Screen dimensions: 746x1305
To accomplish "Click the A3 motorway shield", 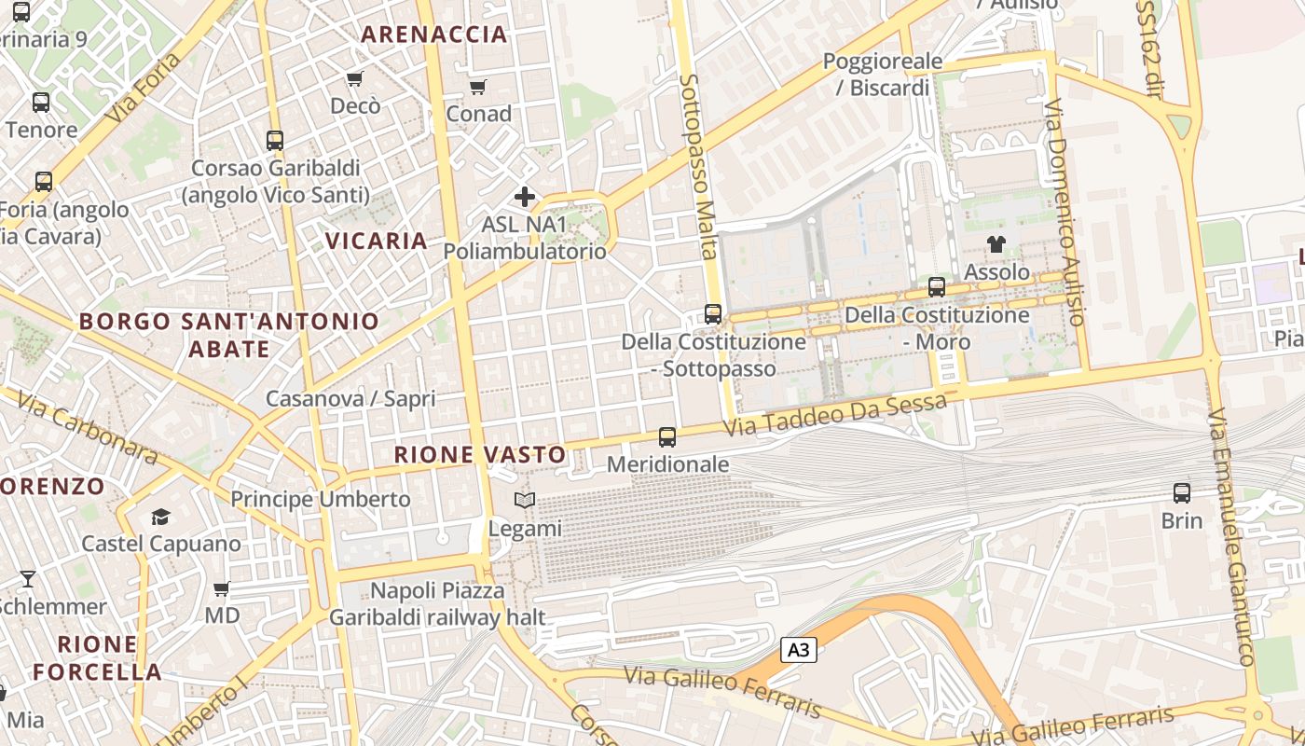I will tap(799, 650).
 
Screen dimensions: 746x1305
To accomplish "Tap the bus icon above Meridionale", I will tap(667, 436).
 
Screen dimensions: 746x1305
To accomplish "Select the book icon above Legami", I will tap(525, 501).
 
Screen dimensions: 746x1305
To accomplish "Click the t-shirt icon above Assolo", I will tap(996, 245).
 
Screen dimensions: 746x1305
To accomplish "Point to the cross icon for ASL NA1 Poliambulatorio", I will tap(525, 197).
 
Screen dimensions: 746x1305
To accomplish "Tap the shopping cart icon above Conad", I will tap(478, 87).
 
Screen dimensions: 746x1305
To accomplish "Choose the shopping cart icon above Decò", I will tap(354, 78).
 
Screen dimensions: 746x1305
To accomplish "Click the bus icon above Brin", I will tap(1182, 492).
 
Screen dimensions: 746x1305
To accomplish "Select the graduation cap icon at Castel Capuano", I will tap(161, 517).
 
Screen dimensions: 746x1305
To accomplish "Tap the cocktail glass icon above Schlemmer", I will tap(28, 579).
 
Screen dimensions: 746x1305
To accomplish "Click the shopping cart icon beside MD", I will tap(222, 588).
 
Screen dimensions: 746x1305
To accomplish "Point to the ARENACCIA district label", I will tap(434, 35).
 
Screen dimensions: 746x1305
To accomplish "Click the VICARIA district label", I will tap(377, 241).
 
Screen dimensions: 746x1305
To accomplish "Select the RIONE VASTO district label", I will tap(480, 454).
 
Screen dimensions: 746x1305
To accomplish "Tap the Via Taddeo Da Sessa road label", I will tap(836, 415).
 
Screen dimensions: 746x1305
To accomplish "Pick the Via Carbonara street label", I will tap(89, 431).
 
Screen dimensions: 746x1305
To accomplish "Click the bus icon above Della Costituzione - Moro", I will tap(937, 287).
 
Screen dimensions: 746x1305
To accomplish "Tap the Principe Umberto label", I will tap(321, 499).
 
